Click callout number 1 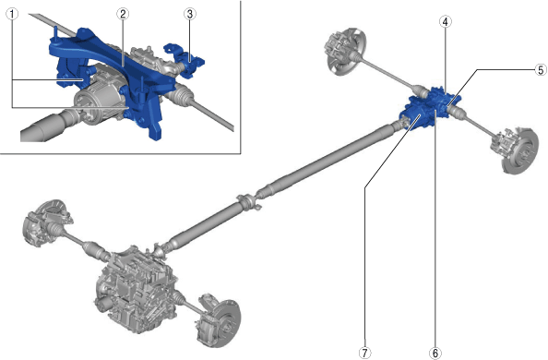[x=13, y=15]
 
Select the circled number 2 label [x=123, y=15]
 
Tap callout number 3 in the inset [x=190, y=15]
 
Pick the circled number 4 [x=445, y=22]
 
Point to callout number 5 [x=541, y=70]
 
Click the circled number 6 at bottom [x=435, y=353]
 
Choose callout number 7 [x=364, y=353]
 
